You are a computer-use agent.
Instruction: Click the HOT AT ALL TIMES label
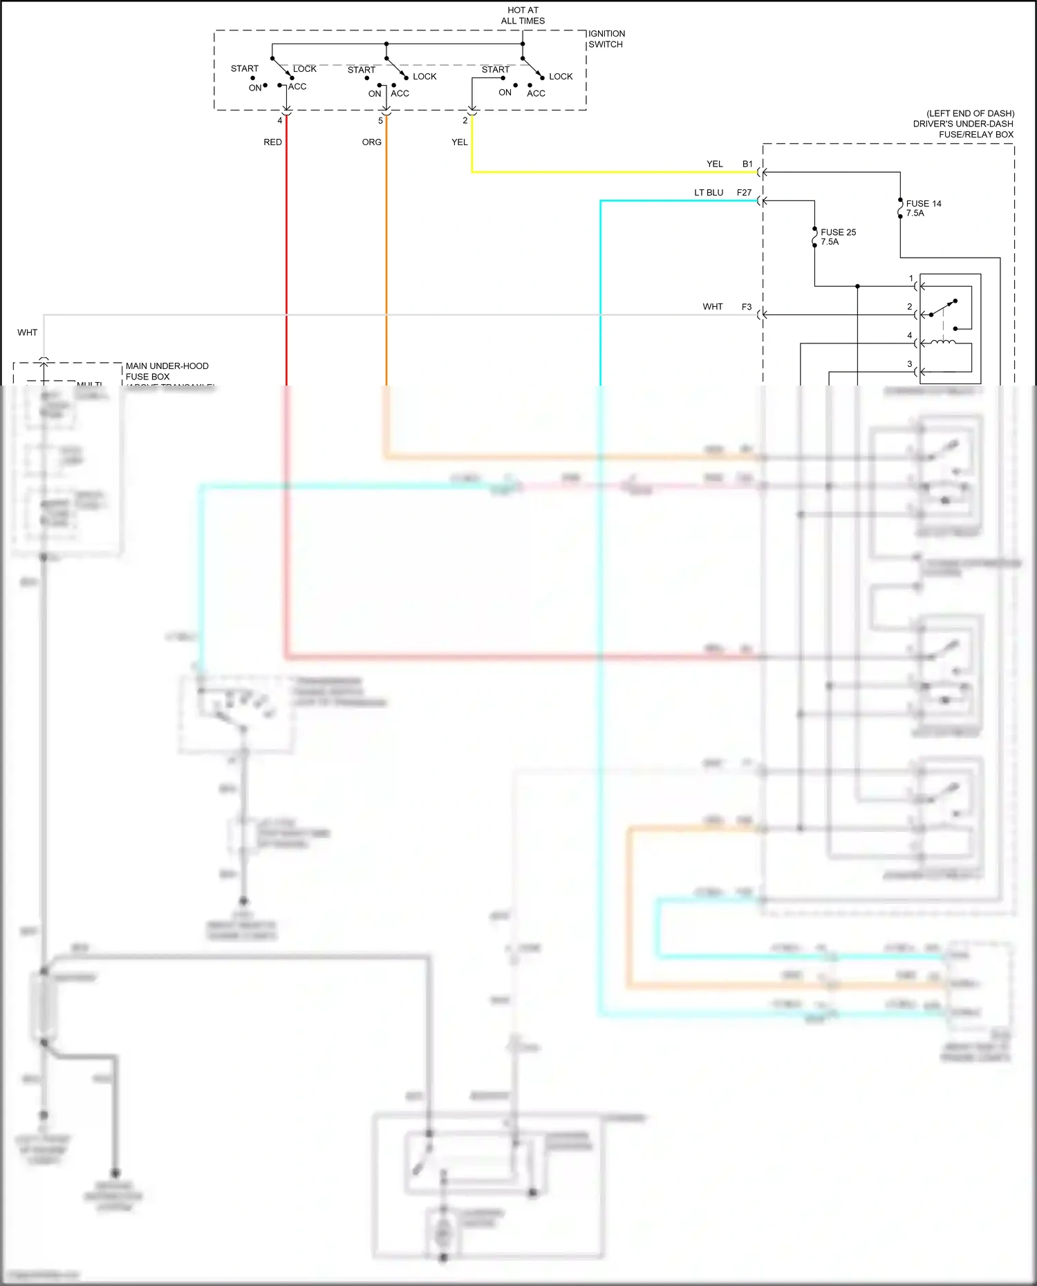coord(523,15)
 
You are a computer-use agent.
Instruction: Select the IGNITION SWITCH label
coord(606,39)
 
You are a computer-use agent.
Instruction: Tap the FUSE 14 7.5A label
coord(923,208)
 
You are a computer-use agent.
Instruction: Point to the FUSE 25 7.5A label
coord(838,237)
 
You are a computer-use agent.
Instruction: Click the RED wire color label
coord(272,142)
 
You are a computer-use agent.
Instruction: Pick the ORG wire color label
coord(371,142)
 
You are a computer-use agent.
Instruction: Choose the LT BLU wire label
coord(709,193)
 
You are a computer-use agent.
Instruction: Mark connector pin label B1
coord(747,164)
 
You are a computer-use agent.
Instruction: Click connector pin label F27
coord(744,193)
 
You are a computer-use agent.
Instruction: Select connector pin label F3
coord(747,307)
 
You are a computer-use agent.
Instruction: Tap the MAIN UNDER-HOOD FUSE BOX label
coord(167,371)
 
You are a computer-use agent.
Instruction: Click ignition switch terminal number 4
coord(280,120)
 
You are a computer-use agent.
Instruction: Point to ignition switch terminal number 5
coord(380,120)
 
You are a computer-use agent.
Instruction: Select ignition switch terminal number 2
coord(465,120)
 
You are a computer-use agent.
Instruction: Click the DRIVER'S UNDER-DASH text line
coord(962,124)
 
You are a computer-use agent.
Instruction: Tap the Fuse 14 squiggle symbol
coord(900,208)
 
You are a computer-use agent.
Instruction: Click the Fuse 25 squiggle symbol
coord(814,237)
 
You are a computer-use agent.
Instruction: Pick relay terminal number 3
coord(910,364)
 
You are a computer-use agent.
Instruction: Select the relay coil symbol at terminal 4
coord(943,342)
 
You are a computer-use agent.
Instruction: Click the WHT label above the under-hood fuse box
coord(28,332)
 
